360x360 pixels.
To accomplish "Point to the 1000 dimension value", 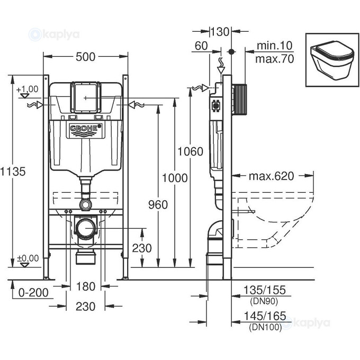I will click(175, 178).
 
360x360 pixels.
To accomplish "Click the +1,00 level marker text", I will click(28, 88).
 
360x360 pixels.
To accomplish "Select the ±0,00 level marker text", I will click(28, 258).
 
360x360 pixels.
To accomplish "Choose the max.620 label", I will click(273, 175).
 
